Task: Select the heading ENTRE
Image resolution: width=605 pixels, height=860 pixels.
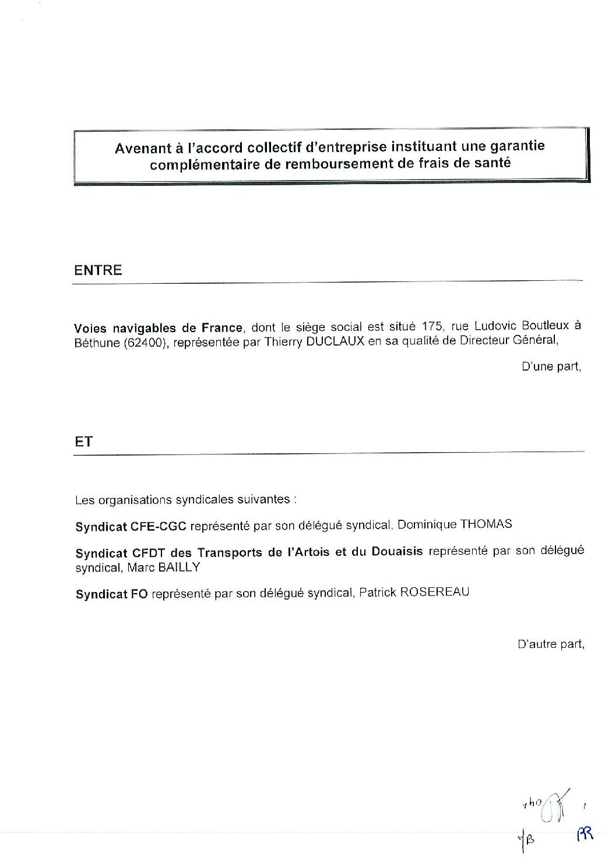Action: pos(99,270)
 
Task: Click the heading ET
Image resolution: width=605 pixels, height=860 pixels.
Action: pos(83,441)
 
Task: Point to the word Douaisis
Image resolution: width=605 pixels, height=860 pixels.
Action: pos(397,552)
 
